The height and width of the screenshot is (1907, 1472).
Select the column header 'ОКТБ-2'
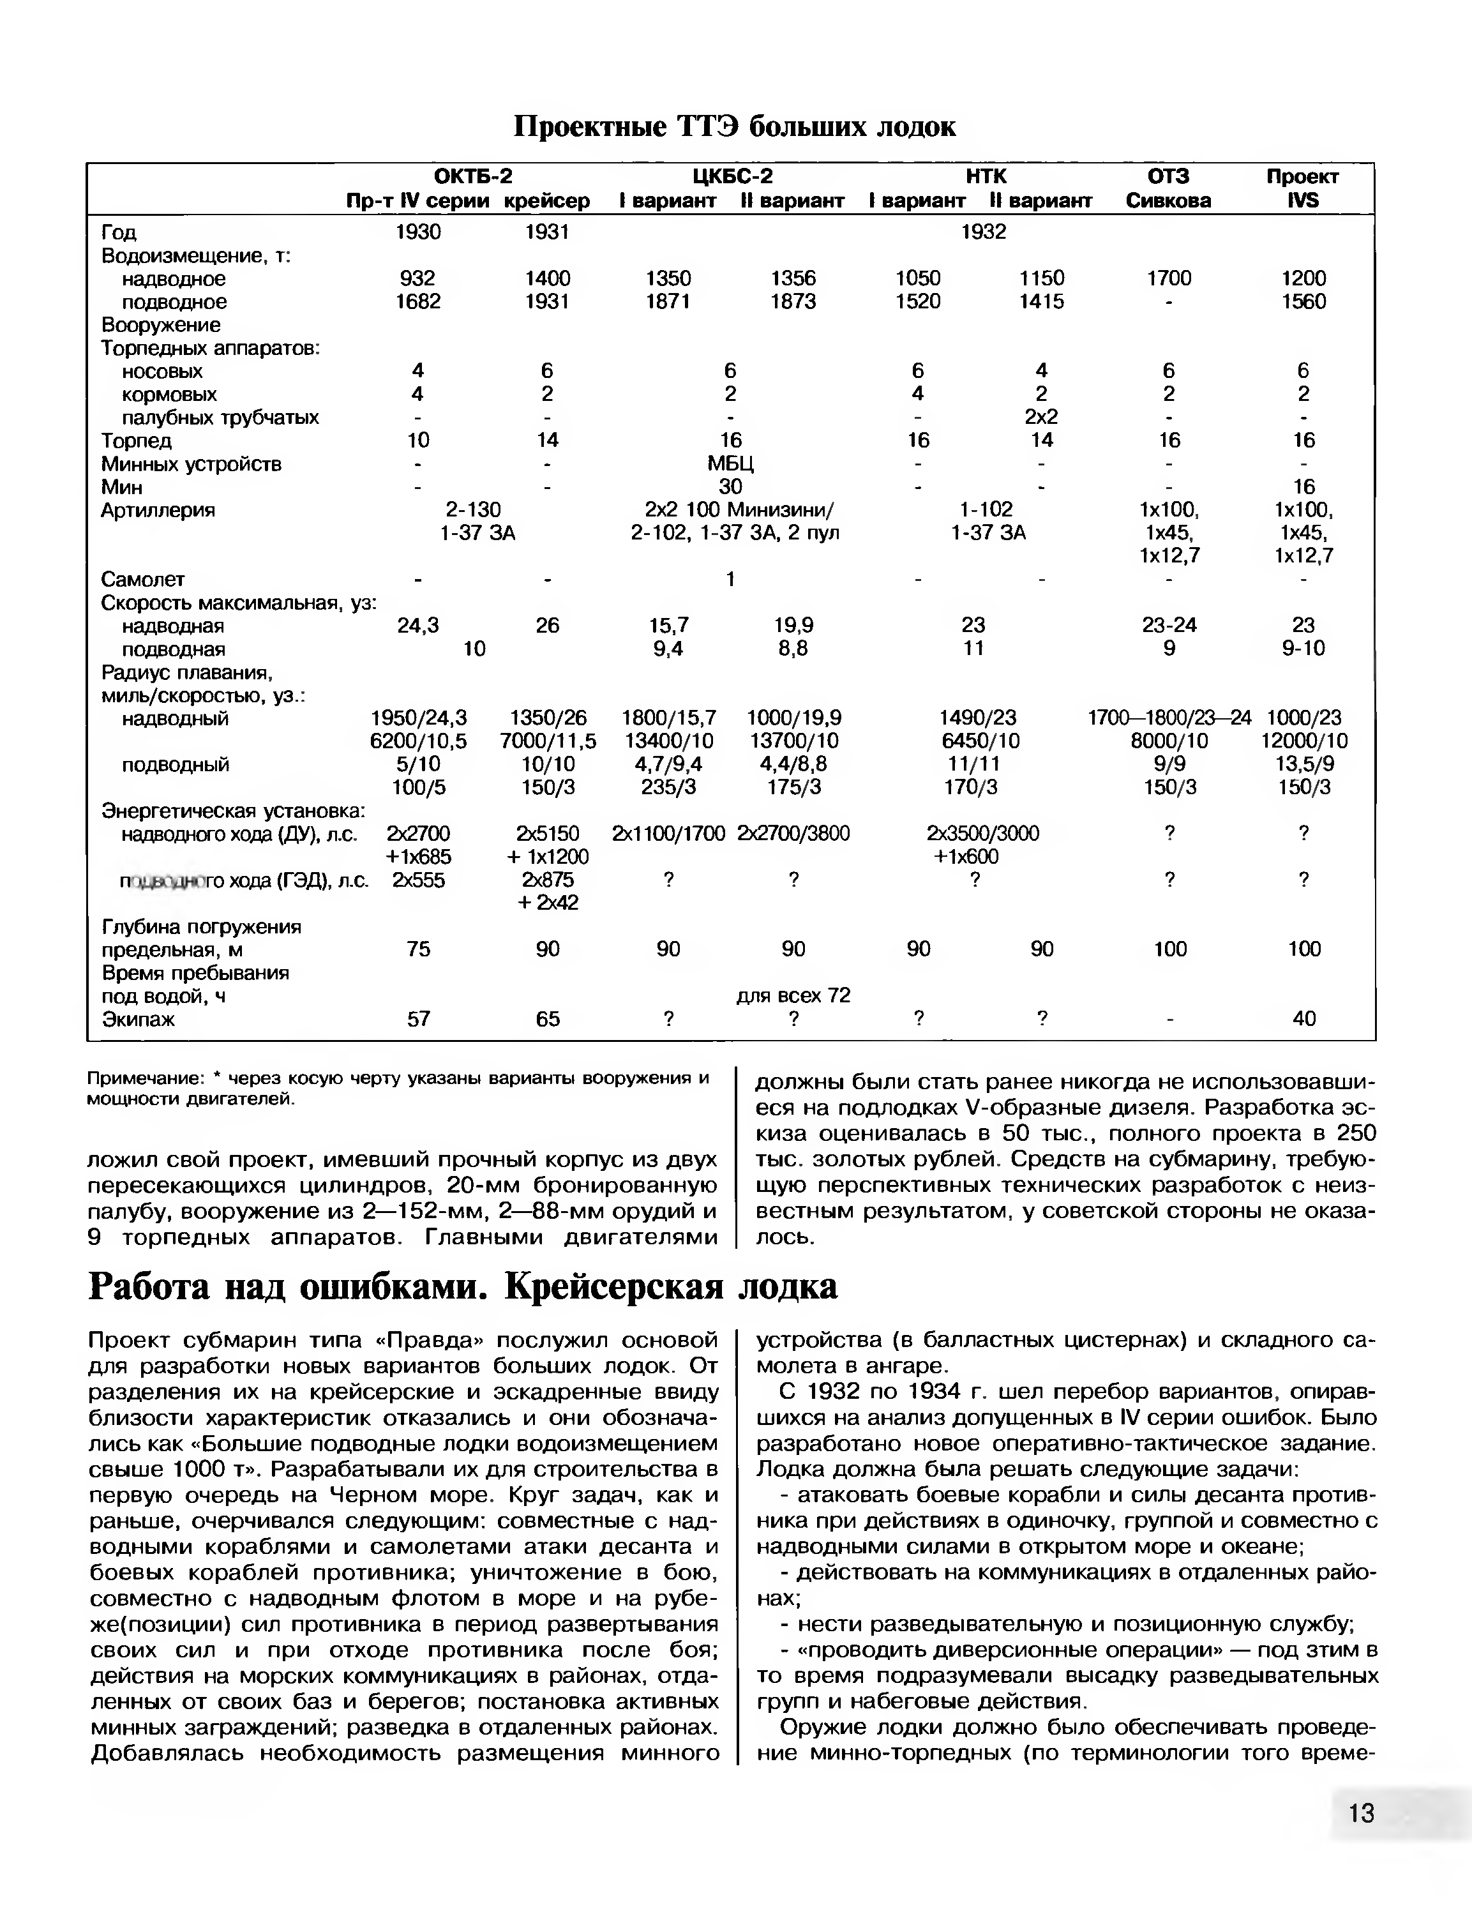click(x=472, y=176)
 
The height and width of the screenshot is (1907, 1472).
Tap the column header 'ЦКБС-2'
click(x=732, y=176)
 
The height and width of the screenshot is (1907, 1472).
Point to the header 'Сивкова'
click(x=1168, y=201)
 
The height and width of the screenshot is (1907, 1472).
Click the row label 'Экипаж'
click(x=138, y=1019)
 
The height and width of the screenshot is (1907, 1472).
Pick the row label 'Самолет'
click(x=143, y=579)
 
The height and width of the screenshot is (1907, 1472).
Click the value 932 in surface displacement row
click(x=417, y=278)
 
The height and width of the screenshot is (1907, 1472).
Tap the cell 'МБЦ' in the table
click(x=731, y=464)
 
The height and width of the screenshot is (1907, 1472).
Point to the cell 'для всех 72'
click(x=793, y=995)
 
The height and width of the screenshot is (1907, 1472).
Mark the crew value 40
click(x=1303, y=1018)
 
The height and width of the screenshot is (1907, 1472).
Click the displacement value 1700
click(x=1168, y=278)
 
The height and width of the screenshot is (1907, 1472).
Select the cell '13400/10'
click(x=668, y=741)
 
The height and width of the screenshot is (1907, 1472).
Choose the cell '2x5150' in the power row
click(x=548, y=833)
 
